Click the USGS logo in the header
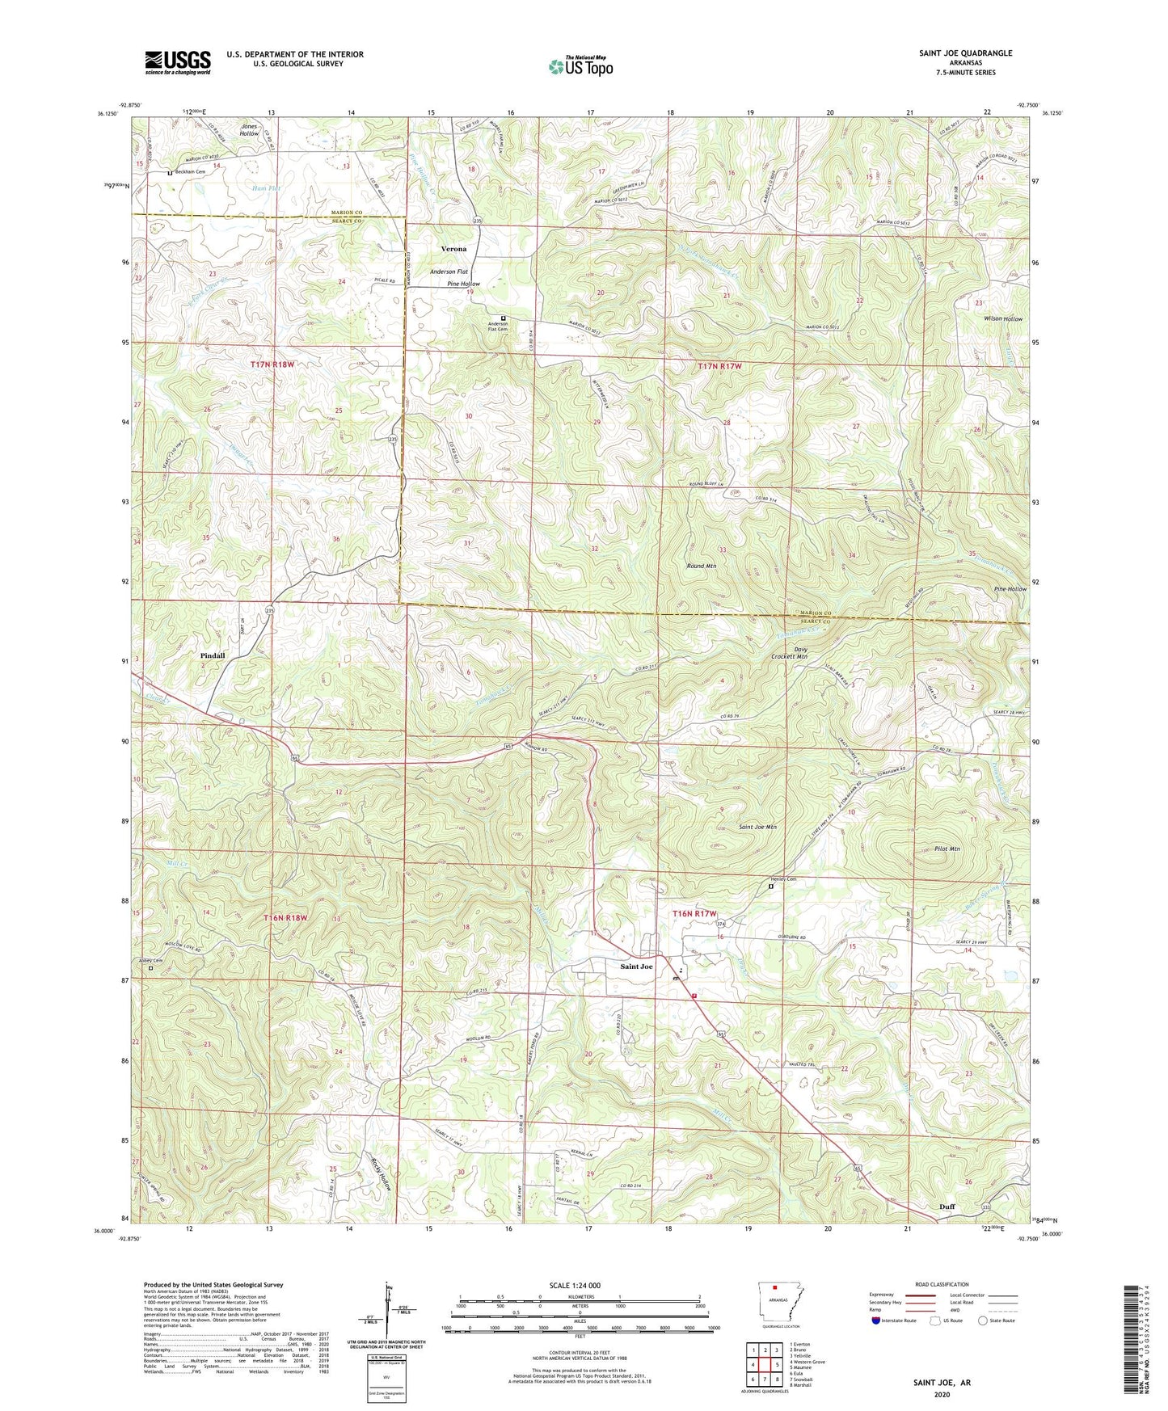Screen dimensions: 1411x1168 click(x=178, y=62)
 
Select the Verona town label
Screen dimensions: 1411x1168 click(x=453, y=249)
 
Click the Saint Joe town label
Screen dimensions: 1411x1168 click(x=636, y=967)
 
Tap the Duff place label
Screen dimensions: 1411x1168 click(x=947, y=1207)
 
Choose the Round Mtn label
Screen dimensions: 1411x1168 click(x=700, y=567)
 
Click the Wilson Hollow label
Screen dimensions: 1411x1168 click(x=1002, y=318)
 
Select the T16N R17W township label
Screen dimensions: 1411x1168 click(x=695, y=913)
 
